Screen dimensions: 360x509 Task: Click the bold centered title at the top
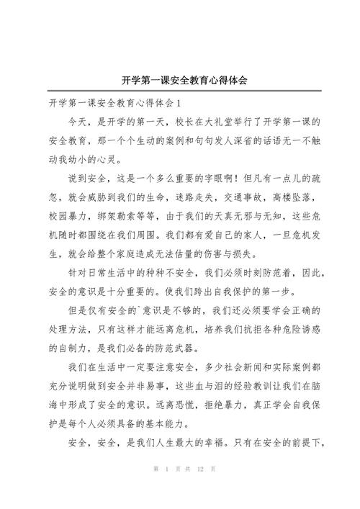point(180,81)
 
